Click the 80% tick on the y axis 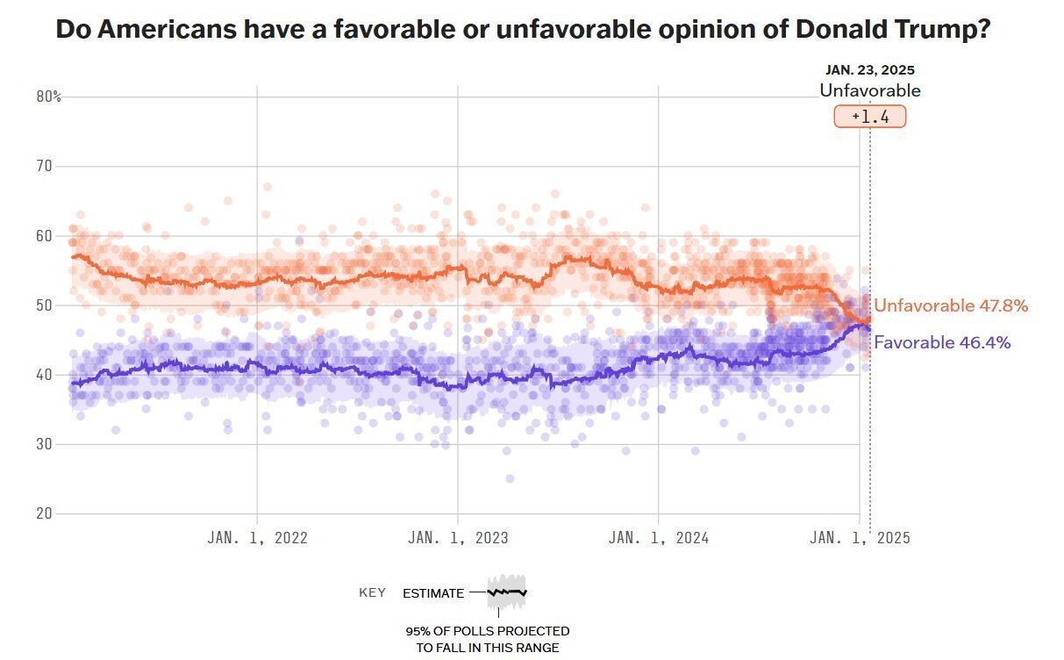48,97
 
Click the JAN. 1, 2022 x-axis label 257,538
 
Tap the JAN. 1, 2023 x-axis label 457,538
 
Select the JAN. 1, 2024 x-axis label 658,538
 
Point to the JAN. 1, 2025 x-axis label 860,538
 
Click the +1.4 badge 869,117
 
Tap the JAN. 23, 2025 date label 870,70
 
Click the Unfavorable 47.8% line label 951,306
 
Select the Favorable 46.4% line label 942,343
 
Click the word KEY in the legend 372,592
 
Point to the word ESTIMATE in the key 433,593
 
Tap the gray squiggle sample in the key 506,592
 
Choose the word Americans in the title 167,29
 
